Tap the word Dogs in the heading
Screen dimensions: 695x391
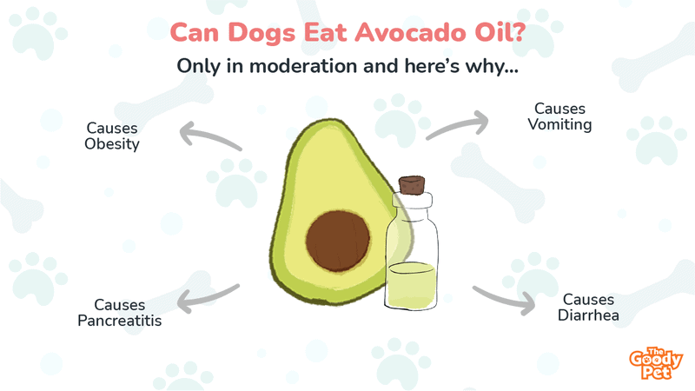(x=261, y=34)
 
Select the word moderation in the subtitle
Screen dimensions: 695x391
(x=303, y=66)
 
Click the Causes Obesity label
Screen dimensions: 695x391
(x=112, y=136)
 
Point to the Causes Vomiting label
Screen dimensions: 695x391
(x=559, y=116)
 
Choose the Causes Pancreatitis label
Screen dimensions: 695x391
(x=120, y=313)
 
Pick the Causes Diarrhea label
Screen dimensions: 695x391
(x=588, y=308)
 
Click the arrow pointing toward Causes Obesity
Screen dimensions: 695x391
(x=208, y=136)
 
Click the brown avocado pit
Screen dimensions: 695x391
(x=338, y=241)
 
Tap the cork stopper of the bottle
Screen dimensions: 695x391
(x=412, y=185)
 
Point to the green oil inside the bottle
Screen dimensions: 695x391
(x=411, y=286)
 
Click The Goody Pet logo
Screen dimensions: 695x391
(x=656, y=363)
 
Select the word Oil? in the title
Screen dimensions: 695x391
(x=500, y=32)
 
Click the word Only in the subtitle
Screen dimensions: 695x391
(x=199, y=67)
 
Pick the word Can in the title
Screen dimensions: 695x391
(x=195, y=33)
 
